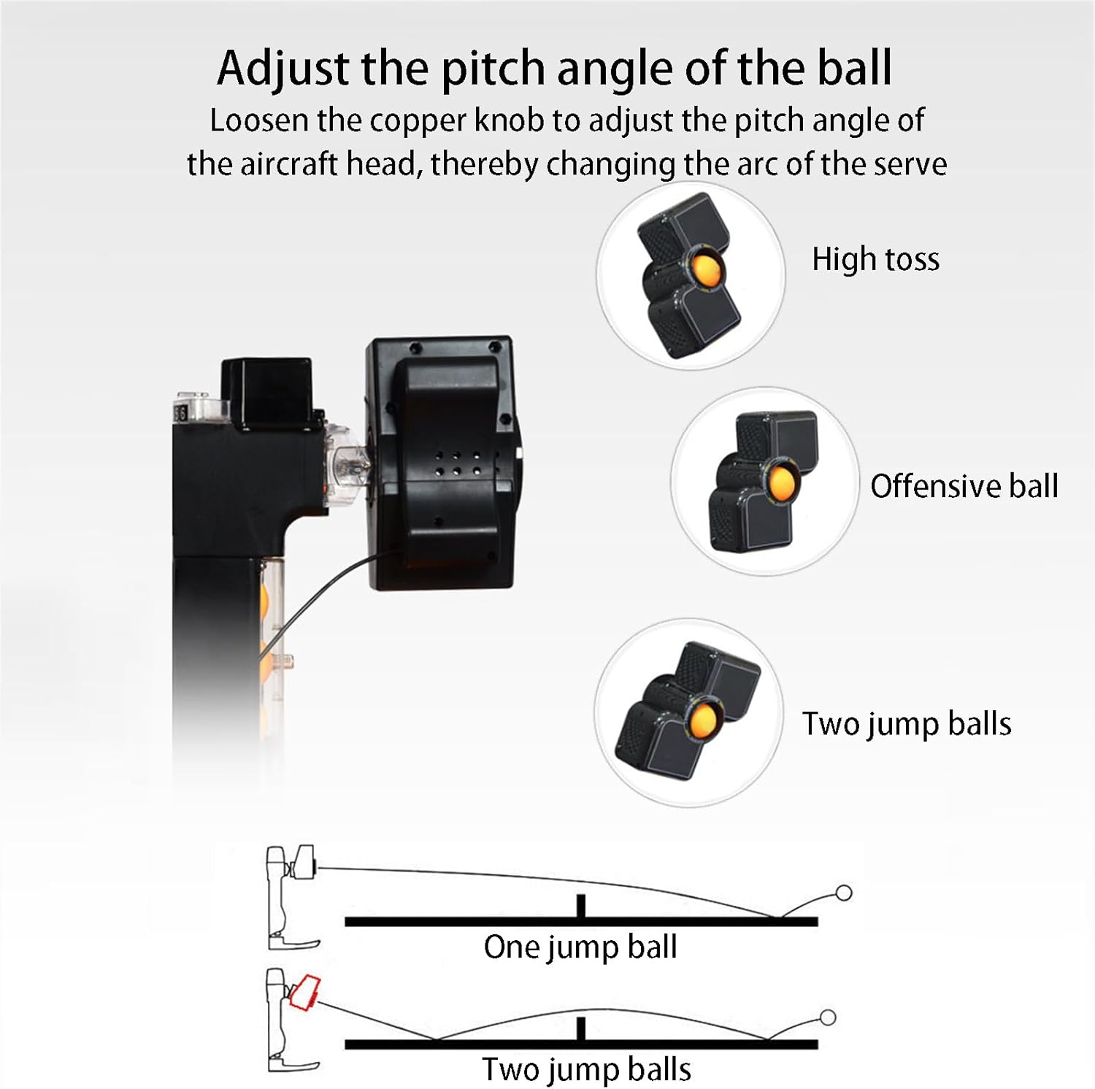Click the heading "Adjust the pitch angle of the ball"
pyautogui.click(x=554, y=69)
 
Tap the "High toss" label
pyautogui.click(x=875, y=259)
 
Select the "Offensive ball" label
pyautogui.click(x=964, y=486)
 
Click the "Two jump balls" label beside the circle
pyautogui.click(x=907, y=724)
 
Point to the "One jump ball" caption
pyautogui.click(x=580, y=947)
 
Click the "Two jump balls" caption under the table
pyautogui.click(x=586, y=1070)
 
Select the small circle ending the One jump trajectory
pyautogui.click(x=843, y=893)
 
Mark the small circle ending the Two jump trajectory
pyautogui.click(x=827, y=1017)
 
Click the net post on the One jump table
pyautogui.click(x=581, y=906)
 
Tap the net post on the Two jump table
pyautogui.click(x=581, y=1029)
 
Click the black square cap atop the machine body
pyautogui.click(x=267, y=390)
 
